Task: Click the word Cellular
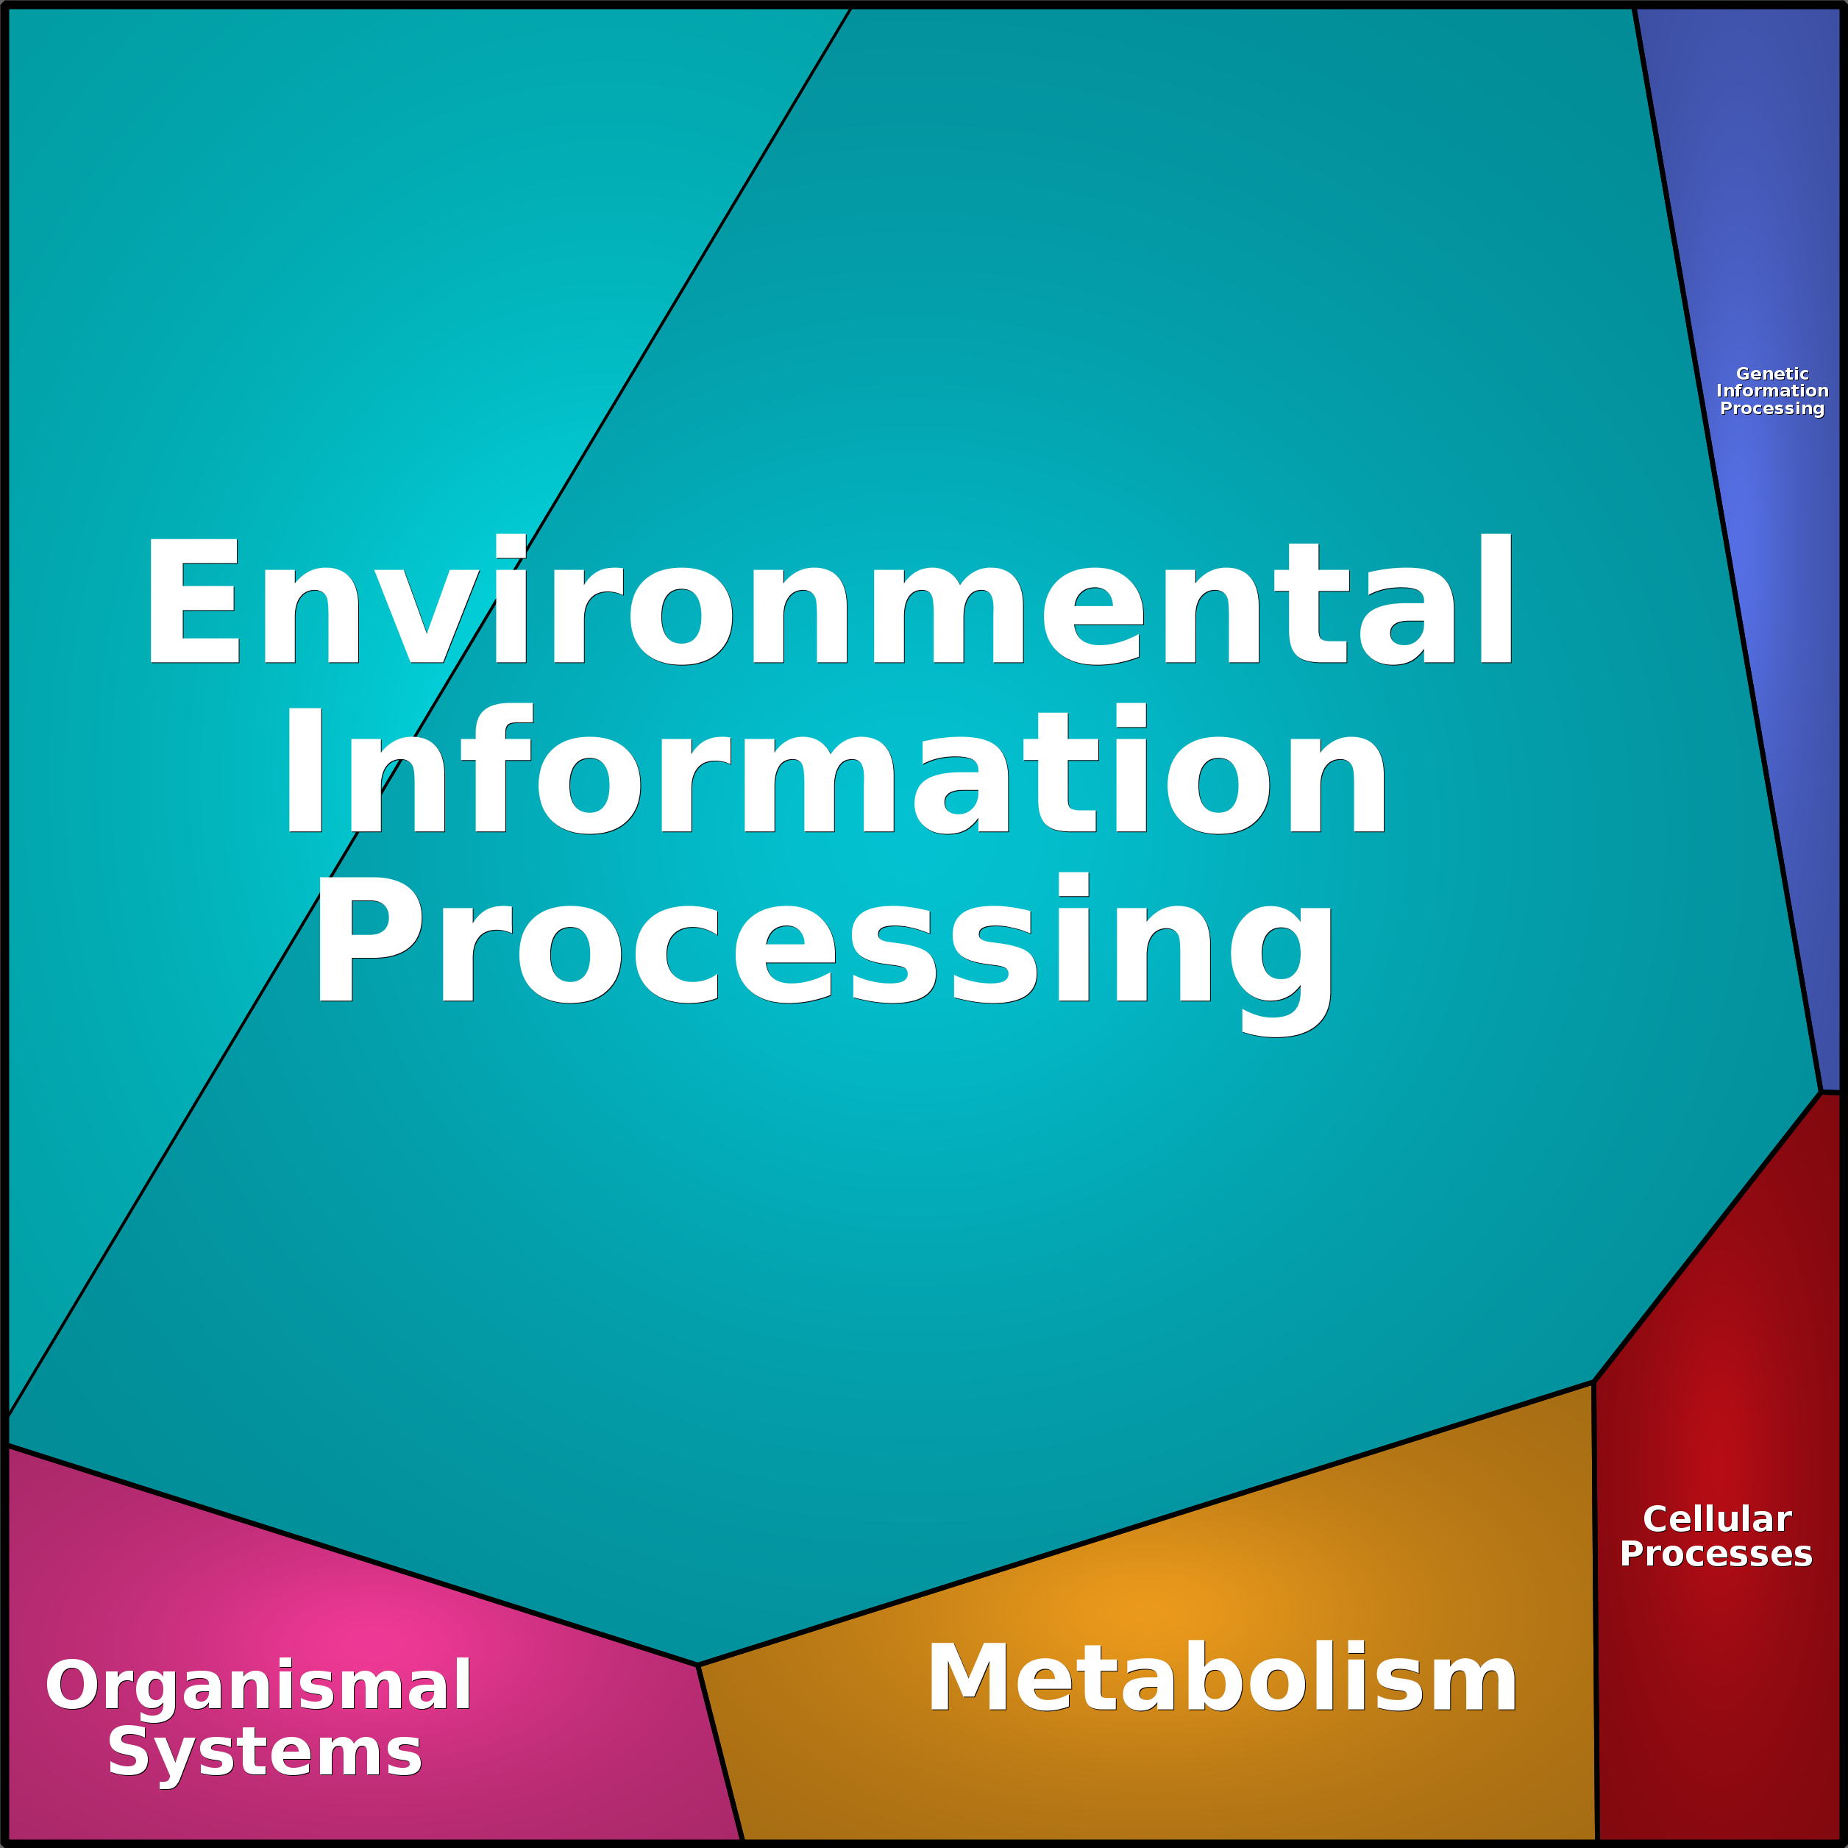click(x=1717, y=1519)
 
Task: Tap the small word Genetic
click(x=1772, y=374)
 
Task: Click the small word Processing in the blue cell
click(x=1772, y=408)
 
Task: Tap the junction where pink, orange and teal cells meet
click(x=698, y=1666)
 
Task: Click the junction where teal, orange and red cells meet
click(x=1593, y=1382)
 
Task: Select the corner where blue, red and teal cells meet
click(x=1819, y=1092)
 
